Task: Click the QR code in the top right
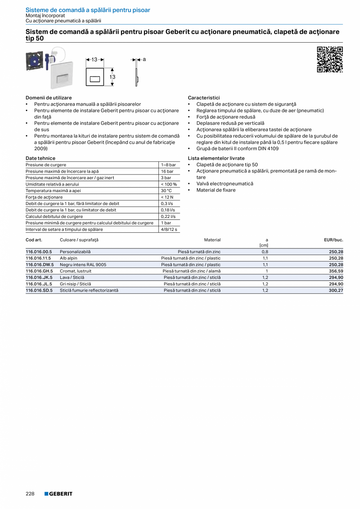(x=329, y=59)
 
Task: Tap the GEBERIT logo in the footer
(x=58, y=494)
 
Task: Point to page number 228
(x=30, y=494)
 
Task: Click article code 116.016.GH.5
(x=39, y=271)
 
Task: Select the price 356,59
(x=336, y=271)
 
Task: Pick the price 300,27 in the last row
(x=336, y=290)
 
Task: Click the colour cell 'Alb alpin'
(x=68, y=258)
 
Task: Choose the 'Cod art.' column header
(x=34, y=240)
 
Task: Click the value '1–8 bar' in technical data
(x=168, y=165)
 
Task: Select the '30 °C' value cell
(x=166, y=191)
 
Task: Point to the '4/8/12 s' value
(x=169, y=229)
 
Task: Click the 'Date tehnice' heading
(x=40, y=158)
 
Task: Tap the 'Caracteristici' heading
(x=204, y=98)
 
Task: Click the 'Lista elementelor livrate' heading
(x=216, y=158)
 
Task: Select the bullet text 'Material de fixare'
(x=216, y=190)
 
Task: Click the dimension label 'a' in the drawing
(x=144, y=59)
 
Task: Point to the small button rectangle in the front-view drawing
(x=95, y=79)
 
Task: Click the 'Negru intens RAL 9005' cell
(x=83, y=265)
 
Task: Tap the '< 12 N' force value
(x=167, y=197)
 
